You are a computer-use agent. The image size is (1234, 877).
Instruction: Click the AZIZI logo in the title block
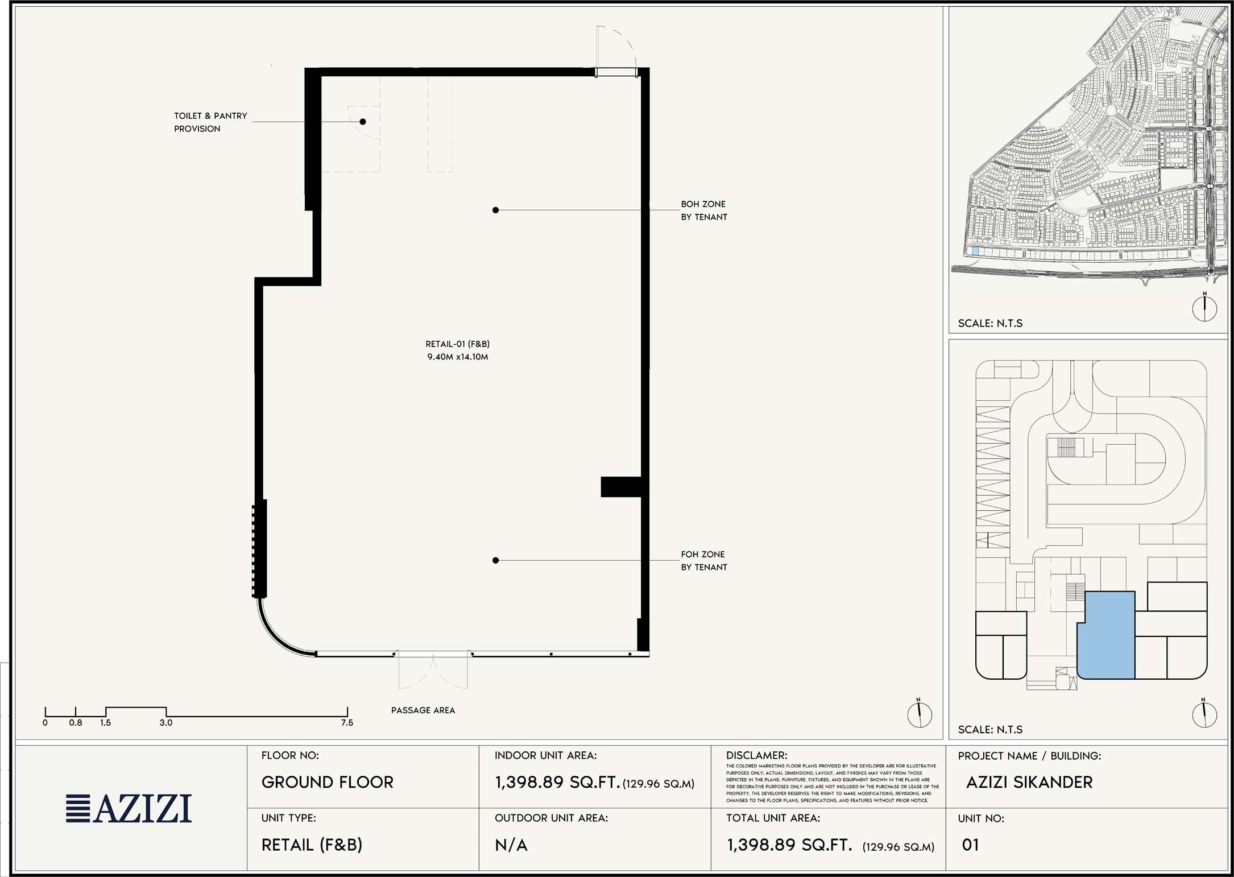pos(129,808)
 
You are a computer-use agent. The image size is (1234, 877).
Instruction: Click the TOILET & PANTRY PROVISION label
pos(210,122)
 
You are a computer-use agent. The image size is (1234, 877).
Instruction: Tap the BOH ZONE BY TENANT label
pos(704,210)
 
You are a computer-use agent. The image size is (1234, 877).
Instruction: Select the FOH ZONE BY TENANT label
pos(704,561)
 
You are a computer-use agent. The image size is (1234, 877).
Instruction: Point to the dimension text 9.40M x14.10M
pos(458,357)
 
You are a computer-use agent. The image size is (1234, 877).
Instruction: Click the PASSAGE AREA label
pos(423,710)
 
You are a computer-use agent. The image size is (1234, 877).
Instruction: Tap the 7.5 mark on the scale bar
pos(347,723)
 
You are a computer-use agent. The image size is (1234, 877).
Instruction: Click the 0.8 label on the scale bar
pos(76,723)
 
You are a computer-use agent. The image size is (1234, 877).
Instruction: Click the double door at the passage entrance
pos(433,671)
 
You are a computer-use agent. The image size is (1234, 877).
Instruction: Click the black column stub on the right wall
pos(621,487)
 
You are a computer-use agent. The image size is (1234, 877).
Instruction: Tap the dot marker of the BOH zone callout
pos(496,210)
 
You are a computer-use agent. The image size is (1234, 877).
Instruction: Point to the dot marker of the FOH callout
pos(496,561)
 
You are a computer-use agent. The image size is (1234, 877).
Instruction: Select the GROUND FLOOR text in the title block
pos(328,783)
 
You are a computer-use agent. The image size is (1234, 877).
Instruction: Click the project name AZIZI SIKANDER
pos(1029,783)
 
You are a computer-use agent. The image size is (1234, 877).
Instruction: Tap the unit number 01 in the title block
pos(970,845)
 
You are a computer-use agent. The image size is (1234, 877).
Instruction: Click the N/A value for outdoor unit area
pos(511,846)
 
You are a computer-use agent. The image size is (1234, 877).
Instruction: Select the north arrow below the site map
pos(1204,308)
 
